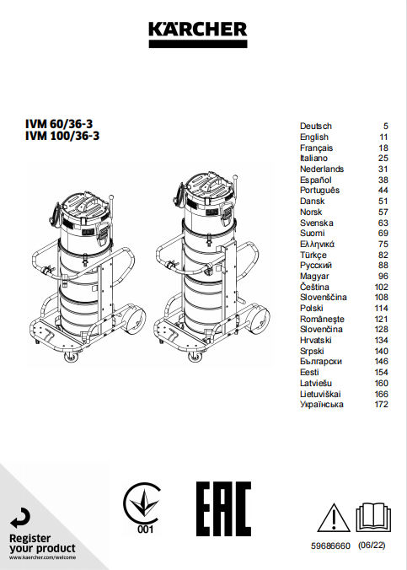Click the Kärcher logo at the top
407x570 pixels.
click(x=198, y=35)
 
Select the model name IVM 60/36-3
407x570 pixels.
click(x=59, y=124)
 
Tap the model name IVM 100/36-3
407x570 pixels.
click(x=62, y=136)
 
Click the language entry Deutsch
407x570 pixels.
click(x=316, y=126)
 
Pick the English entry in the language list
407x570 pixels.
click(x=314, y=137)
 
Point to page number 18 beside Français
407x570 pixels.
click(x=383, y=148)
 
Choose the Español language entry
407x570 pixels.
click(x=315, y=180)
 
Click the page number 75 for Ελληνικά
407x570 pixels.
click(x=383, y=244)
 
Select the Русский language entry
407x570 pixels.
click(x=316, y=266)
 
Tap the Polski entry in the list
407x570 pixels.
click(x=312, y=309)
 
